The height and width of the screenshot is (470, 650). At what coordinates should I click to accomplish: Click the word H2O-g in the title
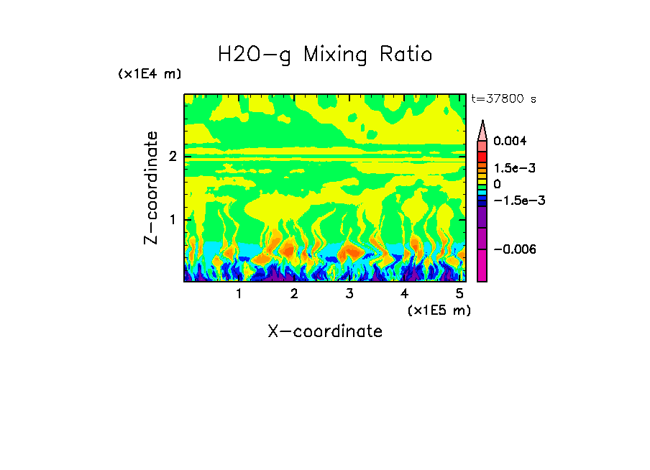point(255,55)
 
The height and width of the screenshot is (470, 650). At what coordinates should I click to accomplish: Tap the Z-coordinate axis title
point(151,188)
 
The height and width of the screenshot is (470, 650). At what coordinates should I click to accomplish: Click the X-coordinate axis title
point(325,331)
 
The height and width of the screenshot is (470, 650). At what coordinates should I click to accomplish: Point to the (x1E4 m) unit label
point(150,74)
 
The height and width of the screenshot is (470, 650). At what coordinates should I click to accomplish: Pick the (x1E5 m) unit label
point(439,310)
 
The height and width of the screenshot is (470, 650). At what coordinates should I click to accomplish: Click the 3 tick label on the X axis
point(349,293)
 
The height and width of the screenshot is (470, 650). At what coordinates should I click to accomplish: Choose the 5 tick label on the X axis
point(459,293)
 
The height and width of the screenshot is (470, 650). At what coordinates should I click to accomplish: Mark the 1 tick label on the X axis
point(239,293)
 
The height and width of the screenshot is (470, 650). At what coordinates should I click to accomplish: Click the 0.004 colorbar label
point(510,142)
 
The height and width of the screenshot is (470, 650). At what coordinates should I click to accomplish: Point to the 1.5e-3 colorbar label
point(510,168)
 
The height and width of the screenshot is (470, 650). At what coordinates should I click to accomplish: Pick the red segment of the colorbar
point(482,155)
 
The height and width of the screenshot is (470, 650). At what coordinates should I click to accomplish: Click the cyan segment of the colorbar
point(482,194)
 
